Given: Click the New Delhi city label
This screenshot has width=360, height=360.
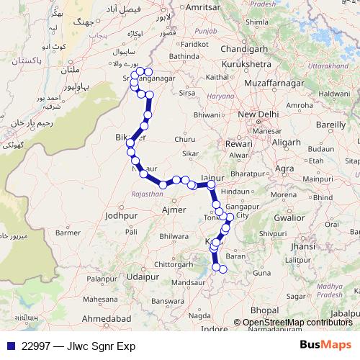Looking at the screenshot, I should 257,114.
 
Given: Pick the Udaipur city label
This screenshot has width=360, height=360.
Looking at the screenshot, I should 141,276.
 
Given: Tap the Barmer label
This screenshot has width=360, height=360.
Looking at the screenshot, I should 67,232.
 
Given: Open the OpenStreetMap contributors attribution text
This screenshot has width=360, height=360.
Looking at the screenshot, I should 297,323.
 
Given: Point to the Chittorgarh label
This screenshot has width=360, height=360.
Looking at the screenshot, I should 174,264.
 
